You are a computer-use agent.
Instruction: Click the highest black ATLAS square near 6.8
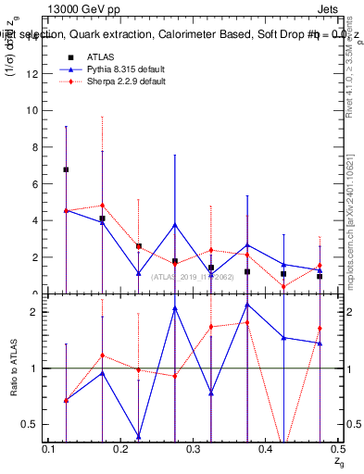pos(66,169)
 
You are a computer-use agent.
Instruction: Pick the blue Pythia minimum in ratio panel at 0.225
pos(138,437)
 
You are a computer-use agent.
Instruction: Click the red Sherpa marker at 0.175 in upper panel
pos(102,206)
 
